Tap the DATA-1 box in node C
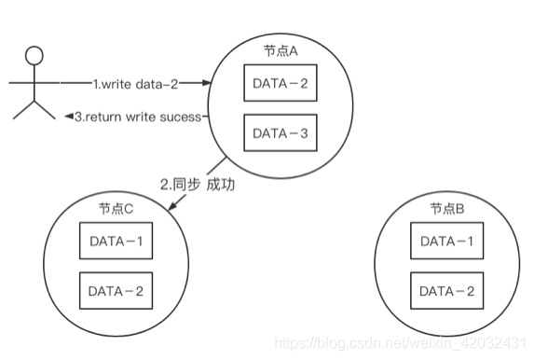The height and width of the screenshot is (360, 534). (116, 242)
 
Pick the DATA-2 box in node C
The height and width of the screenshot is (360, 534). (116, 291)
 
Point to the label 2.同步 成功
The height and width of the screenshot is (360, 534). (197, 185)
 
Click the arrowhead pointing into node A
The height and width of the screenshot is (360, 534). (208, 83)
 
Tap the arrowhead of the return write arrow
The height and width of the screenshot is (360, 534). (68, 117)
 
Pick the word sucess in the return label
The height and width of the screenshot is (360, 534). (180, 117)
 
